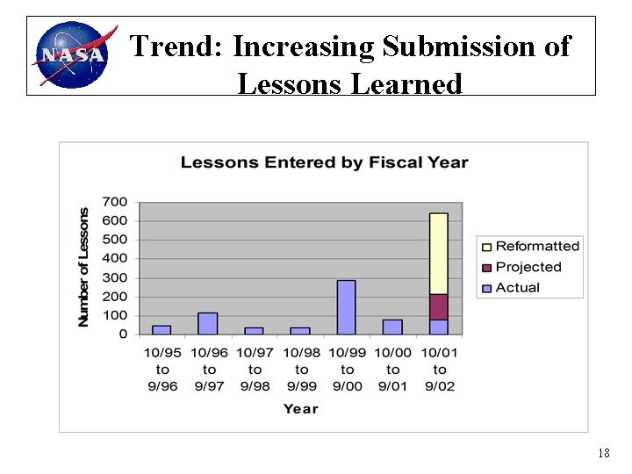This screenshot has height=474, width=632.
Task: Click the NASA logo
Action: click(x=73, y=54)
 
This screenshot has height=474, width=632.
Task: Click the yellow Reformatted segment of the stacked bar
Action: click(x=439, y=253)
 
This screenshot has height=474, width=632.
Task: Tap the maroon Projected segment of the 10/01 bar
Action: click(x=439, y=306)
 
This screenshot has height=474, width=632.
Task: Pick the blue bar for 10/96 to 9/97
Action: click(x=208, y=323)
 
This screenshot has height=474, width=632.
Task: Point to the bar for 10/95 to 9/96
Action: click(x=162, y=329)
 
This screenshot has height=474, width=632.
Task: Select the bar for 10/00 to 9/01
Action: click(x=392, y=327)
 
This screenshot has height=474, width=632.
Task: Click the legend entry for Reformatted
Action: click(x=536, y=247)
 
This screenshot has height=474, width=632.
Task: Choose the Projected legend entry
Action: click(x=528, y=267)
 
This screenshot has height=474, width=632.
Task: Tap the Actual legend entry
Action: click(x=517, y=288)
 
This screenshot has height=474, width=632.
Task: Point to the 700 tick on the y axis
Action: click(x=115, y=202)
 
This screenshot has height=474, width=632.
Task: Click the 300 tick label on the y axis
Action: click(x=115, y=277)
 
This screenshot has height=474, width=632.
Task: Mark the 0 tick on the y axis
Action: click(x=123, y=334)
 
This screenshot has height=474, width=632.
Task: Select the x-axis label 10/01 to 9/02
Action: click(x=439, y=370)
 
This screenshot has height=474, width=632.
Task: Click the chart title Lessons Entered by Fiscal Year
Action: click(x=324, y=162)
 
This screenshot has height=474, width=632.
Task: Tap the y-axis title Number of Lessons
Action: click(x=84, y=268)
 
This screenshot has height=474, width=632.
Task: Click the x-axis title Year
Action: click(x=300, y=408)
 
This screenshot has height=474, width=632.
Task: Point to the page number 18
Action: click(x=603, y=454)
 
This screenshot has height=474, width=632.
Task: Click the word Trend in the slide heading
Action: click(x=175, y=47)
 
